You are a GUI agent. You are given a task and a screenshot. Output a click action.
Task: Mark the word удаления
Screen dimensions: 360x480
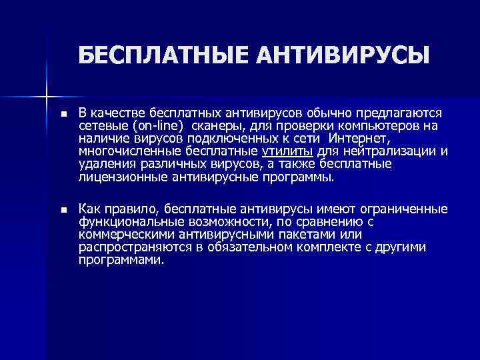[103, 164]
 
